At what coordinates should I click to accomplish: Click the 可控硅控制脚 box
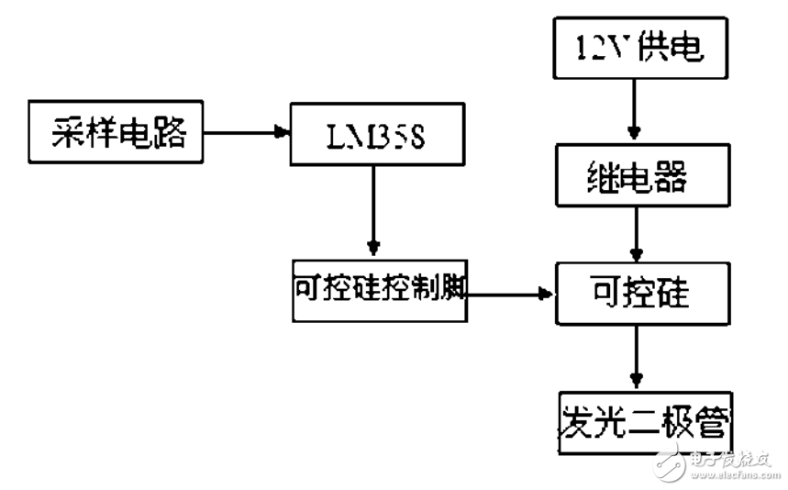380,291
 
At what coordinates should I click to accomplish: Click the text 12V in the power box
601,48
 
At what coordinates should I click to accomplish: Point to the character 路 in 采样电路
171,134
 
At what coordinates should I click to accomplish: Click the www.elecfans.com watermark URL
725,474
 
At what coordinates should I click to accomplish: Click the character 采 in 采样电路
64,134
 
